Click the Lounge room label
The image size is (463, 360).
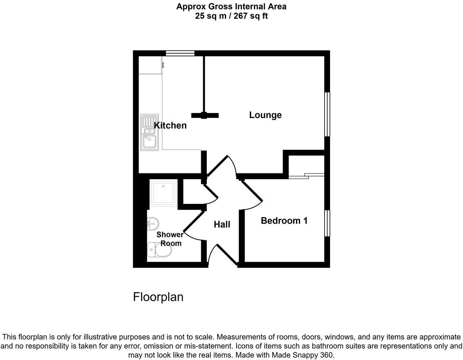click(266, 115)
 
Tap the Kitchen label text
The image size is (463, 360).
click(170, 126)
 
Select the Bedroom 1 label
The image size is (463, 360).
click(284, 221)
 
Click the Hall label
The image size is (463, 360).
click(222, 224)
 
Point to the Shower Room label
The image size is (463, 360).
click(170, 239)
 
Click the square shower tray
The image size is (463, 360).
click(164, 193)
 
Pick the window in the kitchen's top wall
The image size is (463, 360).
click(180, 53)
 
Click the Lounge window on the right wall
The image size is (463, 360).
click(327, 114)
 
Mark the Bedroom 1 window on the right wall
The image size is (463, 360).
click(327, 223)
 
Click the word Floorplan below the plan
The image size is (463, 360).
click(158, 297)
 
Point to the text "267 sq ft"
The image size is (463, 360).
click(250, 16)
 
